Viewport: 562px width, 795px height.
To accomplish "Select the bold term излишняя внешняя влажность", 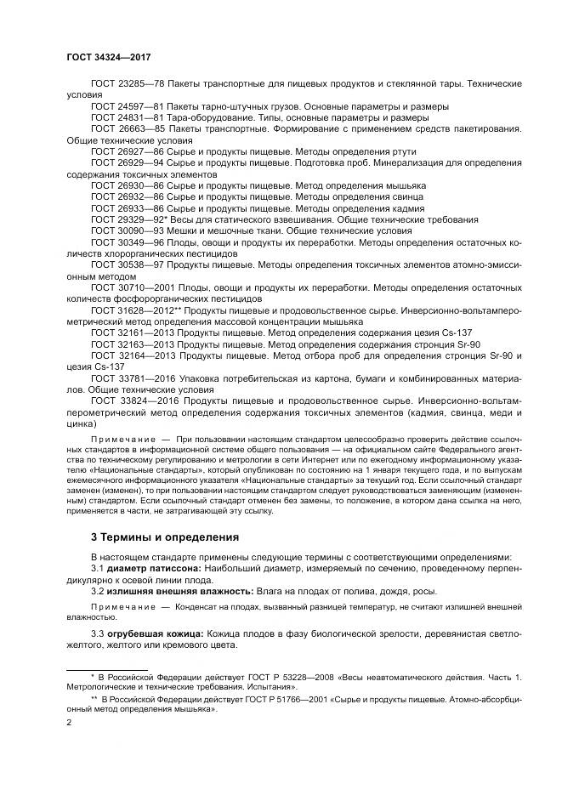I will pyautogui.click(x=173, y=589).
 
